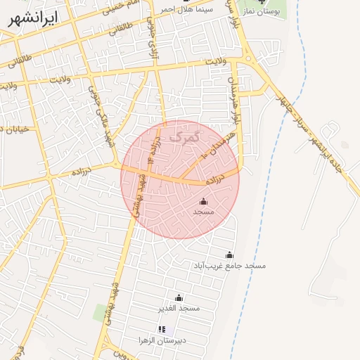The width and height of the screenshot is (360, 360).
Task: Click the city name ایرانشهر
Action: pyautogui.click(x=33, y=18)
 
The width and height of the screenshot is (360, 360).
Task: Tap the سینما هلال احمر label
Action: pyautogui.click(x=184, y=9)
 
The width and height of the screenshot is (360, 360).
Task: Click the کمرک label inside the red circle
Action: pyautogui.click(x=186, y=133)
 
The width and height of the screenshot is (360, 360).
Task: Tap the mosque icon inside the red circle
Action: pyautogui.click(x=204, y=202)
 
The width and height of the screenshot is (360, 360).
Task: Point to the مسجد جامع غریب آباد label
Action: pyautogui.click(x=230, y=266)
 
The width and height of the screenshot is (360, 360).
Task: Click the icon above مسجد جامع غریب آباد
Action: pyautogui.click(x=229, y=255)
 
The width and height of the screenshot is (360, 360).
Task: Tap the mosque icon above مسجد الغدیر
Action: pyautogui.click(x=179, y=297)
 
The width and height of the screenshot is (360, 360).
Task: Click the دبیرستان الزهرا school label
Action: pyautogui.click(x=162, y=340)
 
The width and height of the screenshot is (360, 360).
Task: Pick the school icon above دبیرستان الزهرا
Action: pyautogui.click(x=162, y=329)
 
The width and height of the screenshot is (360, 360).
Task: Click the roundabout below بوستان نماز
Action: pyautogui.click(x=250, y=59)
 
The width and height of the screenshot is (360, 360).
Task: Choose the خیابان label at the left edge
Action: pyautogui.click(x=13, y=129)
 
